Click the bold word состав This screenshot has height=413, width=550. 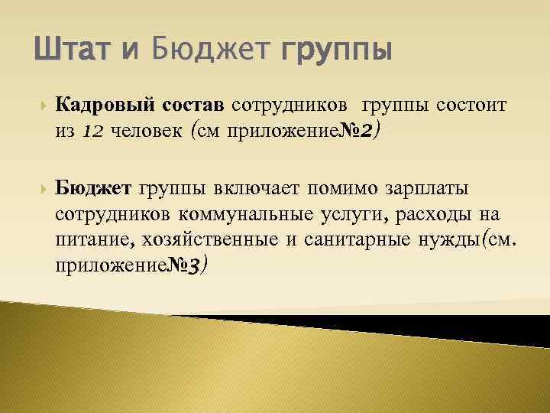193,103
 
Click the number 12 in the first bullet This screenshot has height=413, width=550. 92,131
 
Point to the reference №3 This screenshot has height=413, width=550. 184,268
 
